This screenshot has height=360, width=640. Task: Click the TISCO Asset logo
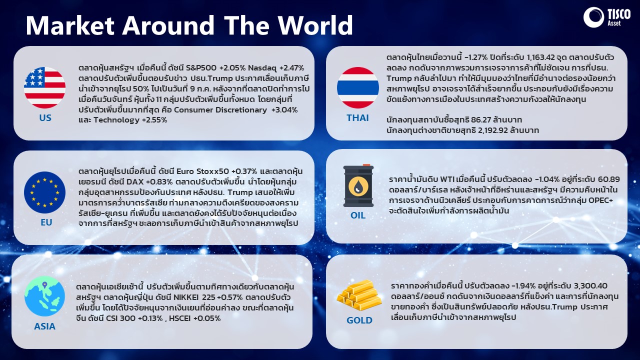pyautogui.click(x=606, y=17)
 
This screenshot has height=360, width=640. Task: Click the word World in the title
pyautogui.click(x=315, y=25)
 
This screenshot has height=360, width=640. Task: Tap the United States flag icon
pyautogui.click(x=44, y=87)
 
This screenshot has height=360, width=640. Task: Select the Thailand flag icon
pyautogui.click(x=357, y=87)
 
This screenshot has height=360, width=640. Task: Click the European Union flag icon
pyautogui.click(x=44, y=192)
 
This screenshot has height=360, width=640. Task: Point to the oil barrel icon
pyautogui.click(x=358, y=185)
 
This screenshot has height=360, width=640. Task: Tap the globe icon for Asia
pyautogui.click(x=44, y=296)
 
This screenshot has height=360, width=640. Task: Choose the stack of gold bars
pyautogui.click(x=359, y=295)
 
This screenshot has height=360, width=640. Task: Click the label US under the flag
pyautogui.click(x=45, y=117)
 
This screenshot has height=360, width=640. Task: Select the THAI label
pyautogui.click(x=357, y=117)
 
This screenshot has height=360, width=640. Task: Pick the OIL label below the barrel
pyautogui.click(x=358, y=215)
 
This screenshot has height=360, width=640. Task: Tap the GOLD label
pyautogui.click(x=359, y=320)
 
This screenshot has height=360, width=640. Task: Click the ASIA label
pyautogui.click(x=44, y=326)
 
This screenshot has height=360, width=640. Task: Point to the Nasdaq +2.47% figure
pyautogui.click(x=276, y=68)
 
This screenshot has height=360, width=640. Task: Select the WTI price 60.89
pyautogui.click(x=609, y=179)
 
